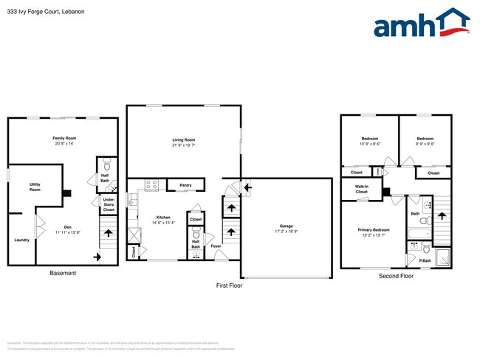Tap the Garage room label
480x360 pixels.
point(287,226)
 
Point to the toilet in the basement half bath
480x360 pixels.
point(106,164)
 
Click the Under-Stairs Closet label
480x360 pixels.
point(109,204)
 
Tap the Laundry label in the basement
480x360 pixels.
point(21,239)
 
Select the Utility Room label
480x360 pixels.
point(35,187)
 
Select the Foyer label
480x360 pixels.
point(216,246)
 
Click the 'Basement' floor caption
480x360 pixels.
point(63,274)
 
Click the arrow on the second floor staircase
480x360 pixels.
point(442,215)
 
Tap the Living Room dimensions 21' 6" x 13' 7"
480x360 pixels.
point(183,145)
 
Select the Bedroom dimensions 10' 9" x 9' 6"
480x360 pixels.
point(370,144)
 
